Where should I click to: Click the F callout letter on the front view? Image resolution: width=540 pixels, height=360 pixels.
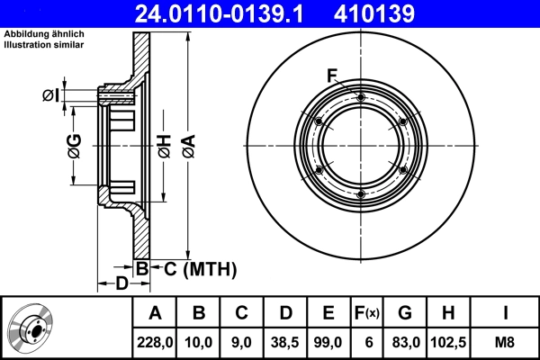332,75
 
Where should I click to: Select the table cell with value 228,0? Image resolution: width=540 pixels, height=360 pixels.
155,342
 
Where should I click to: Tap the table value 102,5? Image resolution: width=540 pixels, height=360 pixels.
449,342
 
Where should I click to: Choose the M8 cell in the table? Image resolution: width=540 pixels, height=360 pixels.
504,342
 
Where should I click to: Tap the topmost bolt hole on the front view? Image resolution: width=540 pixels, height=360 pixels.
360,96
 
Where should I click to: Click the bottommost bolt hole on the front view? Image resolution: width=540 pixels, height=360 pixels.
360,194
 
